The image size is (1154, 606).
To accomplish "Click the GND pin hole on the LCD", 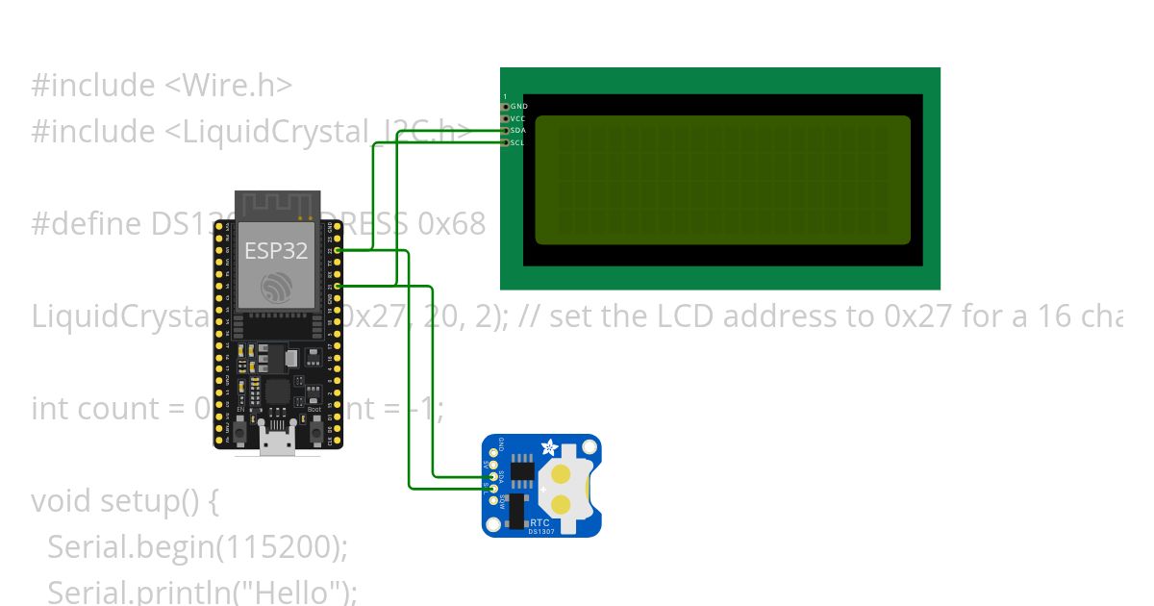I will coord(505,106).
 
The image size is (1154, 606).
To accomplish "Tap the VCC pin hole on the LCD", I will coord(505,118).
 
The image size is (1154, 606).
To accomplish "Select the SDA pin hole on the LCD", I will coord(505,130).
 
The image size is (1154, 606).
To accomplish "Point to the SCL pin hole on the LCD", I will coord(505,142).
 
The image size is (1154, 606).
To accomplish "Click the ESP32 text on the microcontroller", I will coord(276,252).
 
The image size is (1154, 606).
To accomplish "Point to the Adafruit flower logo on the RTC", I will coord(549,447).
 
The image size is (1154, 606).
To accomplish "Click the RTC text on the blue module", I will coord(540,523).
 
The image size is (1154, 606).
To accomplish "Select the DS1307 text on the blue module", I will coord(541,532).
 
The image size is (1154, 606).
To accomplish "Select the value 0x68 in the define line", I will coord(452,224).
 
